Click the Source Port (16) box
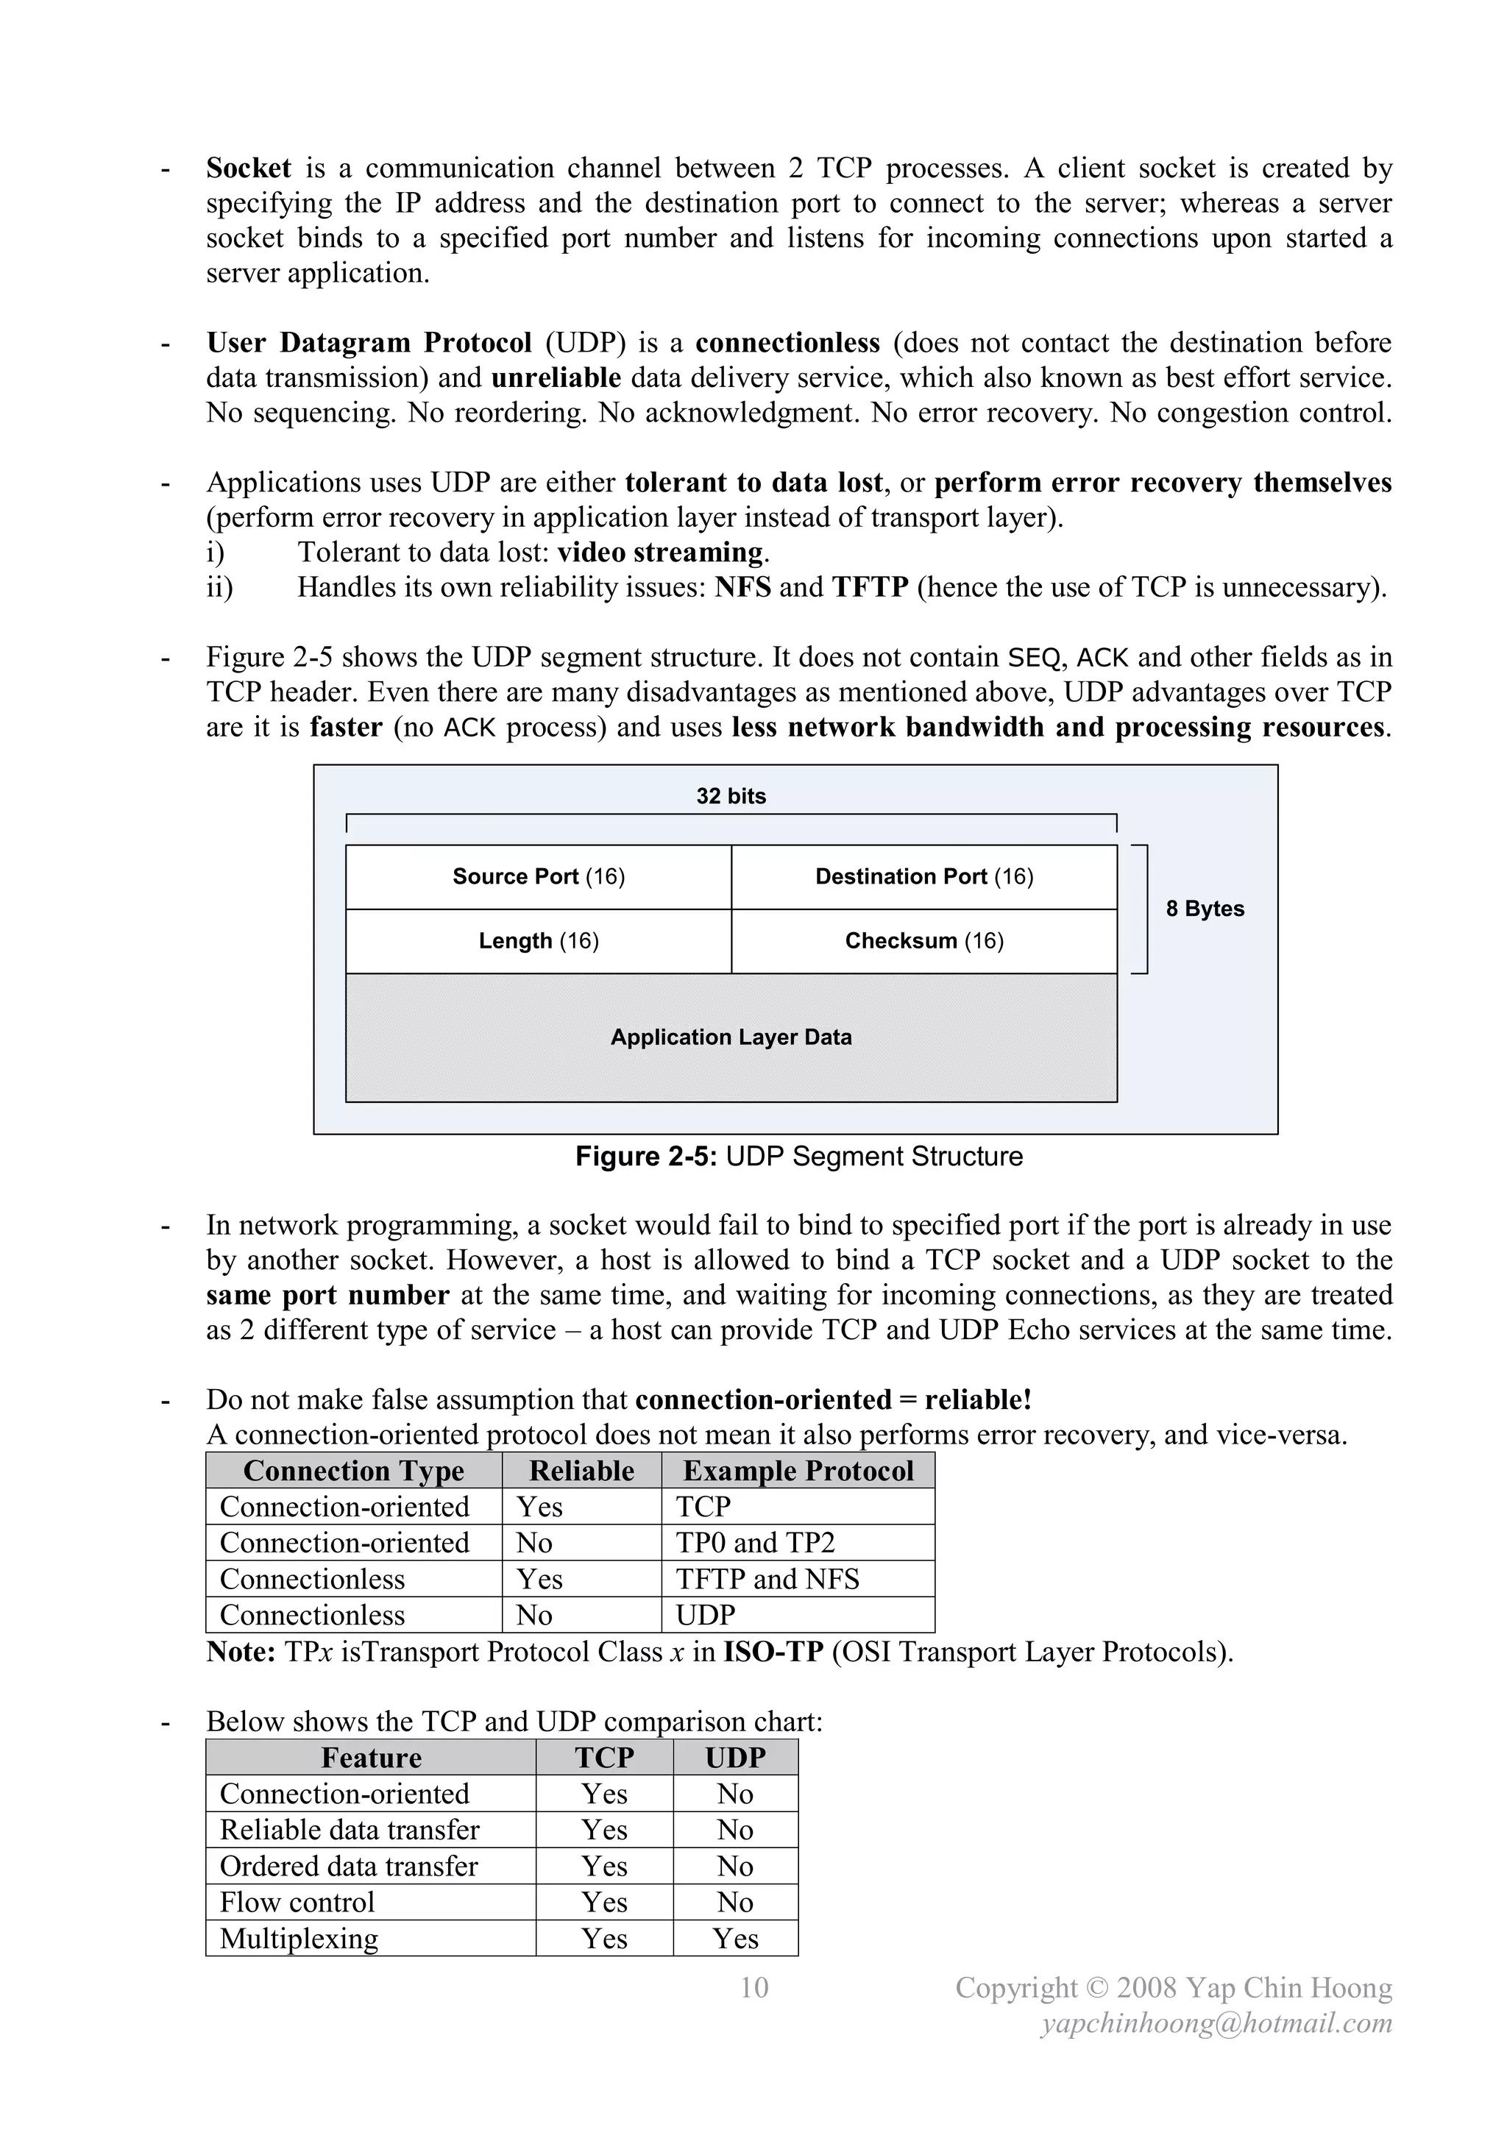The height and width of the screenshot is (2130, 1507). (538, 877)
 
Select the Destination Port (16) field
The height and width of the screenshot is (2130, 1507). (923, 877)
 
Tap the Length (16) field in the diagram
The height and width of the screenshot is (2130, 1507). (538, 941)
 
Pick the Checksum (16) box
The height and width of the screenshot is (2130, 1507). (923, 941)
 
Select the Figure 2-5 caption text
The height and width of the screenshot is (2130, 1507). (798, 1156)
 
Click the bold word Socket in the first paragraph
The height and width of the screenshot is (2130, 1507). (248, 168)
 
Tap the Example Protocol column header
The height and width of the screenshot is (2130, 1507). (798, 1471)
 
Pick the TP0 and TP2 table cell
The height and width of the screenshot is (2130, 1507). (756, 1543)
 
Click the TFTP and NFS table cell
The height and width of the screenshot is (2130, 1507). (767, 1579)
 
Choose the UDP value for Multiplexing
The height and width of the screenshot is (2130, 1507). (735, 1938)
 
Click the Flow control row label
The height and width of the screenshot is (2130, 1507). (297, 1902)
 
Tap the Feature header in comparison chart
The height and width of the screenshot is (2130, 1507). (370, 1757)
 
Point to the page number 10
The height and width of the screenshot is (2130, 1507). (753, 1987)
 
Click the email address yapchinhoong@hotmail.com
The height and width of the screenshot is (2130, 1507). (1216, 2023)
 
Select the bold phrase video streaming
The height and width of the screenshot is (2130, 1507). (661, 552)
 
